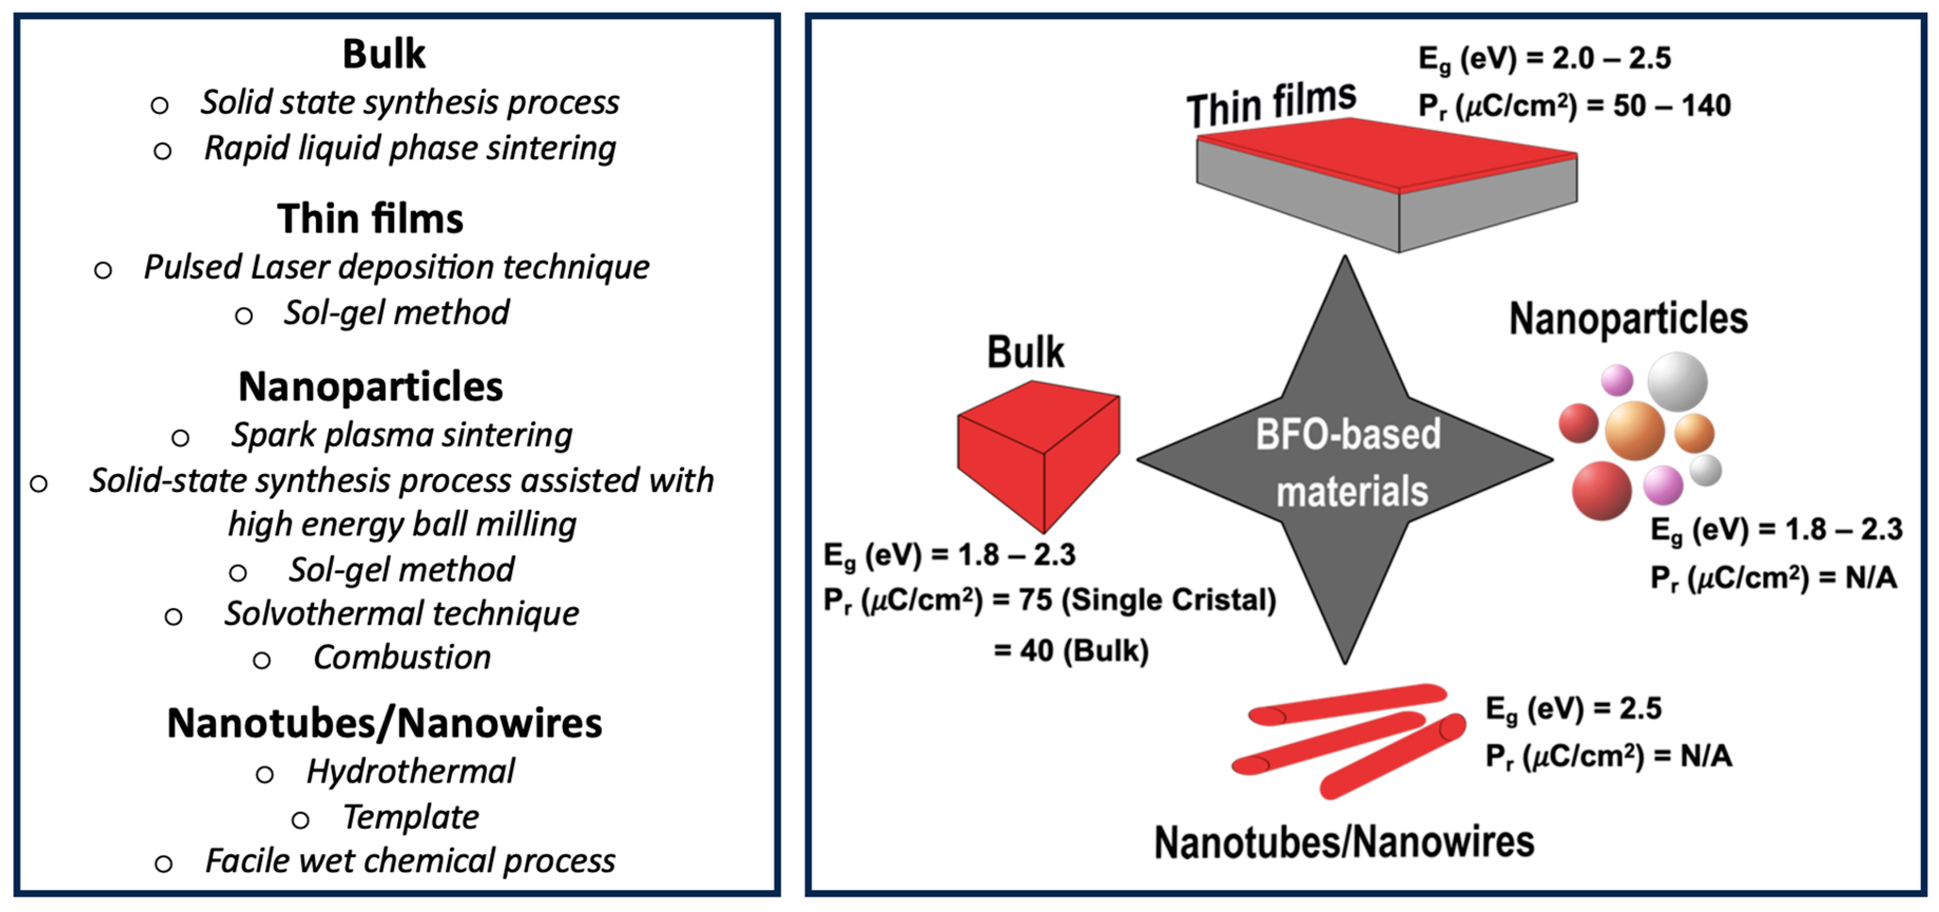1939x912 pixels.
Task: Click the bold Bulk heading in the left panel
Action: click(x=384, y=54)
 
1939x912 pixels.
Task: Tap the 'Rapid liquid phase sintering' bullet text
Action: click(x=410, y=148)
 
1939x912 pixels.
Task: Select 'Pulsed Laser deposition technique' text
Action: click(x=396, y=267)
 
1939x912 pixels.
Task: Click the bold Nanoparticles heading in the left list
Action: click(x=370, y=387)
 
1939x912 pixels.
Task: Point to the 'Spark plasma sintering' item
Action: click(x=401, y=435)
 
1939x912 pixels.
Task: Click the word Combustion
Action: click(x=402, y=658)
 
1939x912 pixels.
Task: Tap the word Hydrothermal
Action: click(x=410, y=771)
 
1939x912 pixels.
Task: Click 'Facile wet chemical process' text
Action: click(x=410, y=861)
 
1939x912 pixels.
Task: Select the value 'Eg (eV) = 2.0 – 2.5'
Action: click(x=1545, y=59)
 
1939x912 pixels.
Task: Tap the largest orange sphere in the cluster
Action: click(x=1634, y=430)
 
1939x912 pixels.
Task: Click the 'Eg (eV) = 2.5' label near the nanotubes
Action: click(x=1573, y=710)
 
